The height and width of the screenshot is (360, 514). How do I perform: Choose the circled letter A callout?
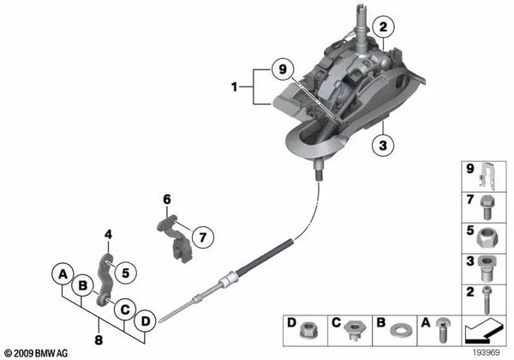click(62, 274)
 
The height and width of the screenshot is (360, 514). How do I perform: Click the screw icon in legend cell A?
click(442, 327)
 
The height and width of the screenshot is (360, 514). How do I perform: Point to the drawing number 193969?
click(488, 351)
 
